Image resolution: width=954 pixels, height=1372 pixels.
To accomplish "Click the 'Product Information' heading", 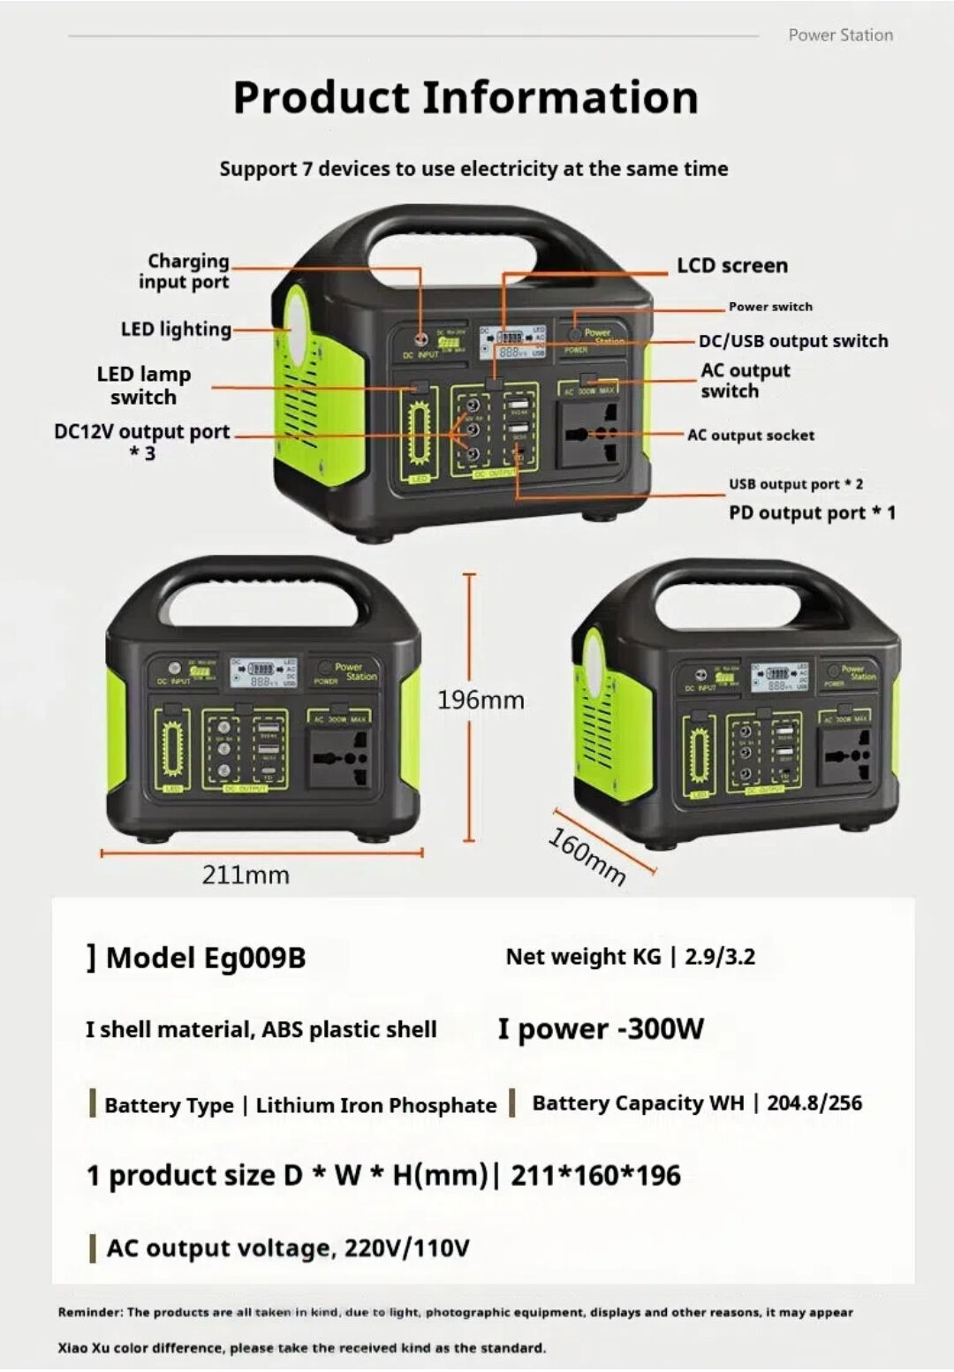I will click(466, 97).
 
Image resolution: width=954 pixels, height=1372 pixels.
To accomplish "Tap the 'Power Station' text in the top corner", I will click(840, 35).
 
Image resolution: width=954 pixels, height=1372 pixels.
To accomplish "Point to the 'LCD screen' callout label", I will click(731, 265).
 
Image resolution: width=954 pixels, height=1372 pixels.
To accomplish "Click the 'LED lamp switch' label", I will click(143, 385).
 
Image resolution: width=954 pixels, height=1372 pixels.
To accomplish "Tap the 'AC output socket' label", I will click(751, 435).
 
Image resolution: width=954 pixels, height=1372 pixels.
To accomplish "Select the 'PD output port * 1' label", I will click(811, 512).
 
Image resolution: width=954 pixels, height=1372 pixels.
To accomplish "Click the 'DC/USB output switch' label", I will click(792, 341).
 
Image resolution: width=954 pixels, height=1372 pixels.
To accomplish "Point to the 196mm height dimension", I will click(481, 700).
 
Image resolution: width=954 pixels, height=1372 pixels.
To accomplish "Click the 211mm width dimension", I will click(246, 875).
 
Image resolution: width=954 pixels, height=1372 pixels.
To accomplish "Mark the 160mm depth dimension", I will click(587, 855).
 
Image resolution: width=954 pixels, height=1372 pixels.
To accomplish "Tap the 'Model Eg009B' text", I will click(205, 958).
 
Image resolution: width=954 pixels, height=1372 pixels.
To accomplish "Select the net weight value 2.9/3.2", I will click(719, 957).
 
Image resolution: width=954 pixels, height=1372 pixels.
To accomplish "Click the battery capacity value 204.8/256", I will click(814, 1103).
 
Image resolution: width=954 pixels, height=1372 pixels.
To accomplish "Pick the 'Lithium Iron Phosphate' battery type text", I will click(375, 1105).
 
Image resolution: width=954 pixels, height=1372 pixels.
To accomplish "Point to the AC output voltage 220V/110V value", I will click(406, 1247).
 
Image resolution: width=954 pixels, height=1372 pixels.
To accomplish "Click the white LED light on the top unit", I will click(296, 323).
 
